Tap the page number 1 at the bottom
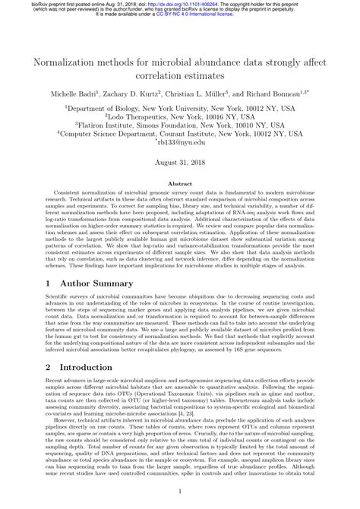coord(180,492)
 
